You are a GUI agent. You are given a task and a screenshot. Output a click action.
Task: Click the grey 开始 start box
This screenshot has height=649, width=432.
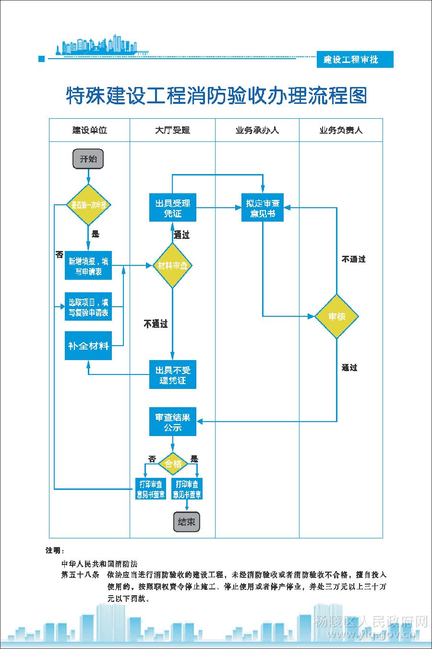(88, 159)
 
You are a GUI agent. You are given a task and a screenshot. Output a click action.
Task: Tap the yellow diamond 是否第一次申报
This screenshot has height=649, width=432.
(88, 205)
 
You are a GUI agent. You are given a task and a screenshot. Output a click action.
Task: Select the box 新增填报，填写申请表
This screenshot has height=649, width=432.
(88, 265)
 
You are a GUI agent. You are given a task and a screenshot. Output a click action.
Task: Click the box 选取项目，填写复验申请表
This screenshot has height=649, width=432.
(88, 307)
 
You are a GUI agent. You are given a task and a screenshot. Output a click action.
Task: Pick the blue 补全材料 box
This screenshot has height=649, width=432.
(88, 346)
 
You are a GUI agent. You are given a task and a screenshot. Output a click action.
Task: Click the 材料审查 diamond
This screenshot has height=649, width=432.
(172, 265)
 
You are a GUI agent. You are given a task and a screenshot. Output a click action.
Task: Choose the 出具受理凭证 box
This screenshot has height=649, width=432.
(172, 208)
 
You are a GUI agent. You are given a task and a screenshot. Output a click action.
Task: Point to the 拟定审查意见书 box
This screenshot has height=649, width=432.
(263, 208)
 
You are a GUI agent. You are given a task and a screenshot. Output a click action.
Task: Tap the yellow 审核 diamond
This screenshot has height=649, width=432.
(336, 316)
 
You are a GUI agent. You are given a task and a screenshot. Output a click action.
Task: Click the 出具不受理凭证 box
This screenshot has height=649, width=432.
(172, 374)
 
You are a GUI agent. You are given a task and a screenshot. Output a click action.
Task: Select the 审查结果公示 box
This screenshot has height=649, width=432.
(172, 422)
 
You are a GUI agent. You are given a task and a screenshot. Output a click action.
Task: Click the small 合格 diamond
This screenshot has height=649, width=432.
(173, 463)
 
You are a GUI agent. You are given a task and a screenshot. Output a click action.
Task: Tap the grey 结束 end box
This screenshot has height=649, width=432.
(186, 522)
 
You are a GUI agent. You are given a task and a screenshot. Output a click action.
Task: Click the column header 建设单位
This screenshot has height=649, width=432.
(89, 130)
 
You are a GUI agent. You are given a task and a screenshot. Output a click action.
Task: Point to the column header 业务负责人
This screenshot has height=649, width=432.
(341, 130)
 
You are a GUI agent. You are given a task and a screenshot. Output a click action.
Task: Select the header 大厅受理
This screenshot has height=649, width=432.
(172, 130)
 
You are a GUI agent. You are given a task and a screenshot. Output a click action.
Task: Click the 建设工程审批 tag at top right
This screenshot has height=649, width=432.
(355, 60)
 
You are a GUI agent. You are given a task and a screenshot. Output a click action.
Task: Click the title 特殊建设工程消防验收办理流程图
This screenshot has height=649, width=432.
(216, 96)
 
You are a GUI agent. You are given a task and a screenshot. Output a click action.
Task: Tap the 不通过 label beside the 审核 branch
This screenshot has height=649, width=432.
(353, 259)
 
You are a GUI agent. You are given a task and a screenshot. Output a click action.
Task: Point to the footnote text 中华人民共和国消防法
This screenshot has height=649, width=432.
(99, 563)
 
